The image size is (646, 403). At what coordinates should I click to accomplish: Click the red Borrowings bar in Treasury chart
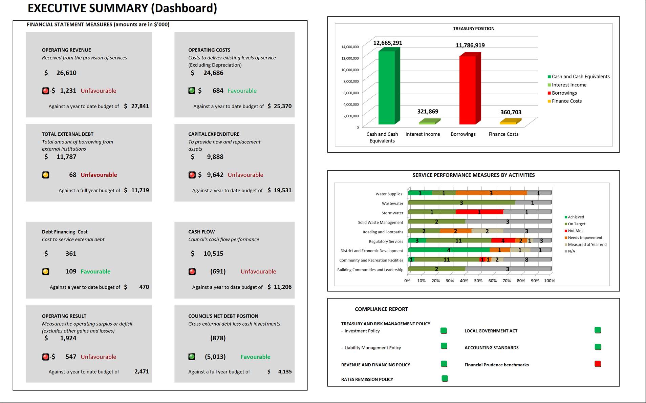(x=468, y=90)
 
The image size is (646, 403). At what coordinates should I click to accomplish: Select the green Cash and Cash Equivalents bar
(x=387, y=88)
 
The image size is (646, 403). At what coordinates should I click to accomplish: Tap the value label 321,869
(x=428, y=112)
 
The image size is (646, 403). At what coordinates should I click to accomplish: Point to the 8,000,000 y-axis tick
(x=351, y=81)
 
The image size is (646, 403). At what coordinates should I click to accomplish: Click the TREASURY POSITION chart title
(x=473, y=29)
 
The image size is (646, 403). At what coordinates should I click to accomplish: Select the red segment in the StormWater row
(x=479, y=212)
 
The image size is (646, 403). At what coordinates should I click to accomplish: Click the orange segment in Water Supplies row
(x=491, y=193)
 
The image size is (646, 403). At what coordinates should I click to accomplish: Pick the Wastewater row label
(x=392, y=204)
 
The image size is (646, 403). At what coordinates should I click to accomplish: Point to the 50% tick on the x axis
(x=478, y=281)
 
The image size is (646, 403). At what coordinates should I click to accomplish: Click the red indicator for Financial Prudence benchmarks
(x=598, y=364)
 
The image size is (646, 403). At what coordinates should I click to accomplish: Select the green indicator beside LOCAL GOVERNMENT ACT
(x=598, y=330)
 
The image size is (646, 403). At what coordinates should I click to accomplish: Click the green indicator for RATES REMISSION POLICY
(x=445, y=379)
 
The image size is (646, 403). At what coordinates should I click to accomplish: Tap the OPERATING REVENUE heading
(x=66, y=50)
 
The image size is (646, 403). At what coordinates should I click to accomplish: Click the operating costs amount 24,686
(x=213, y=73)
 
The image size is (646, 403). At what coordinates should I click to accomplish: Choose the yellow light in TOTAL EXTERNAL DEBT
(x=46, y=175)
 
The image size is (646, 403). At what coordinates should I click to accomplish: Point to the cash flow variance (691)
(x=218, y=271)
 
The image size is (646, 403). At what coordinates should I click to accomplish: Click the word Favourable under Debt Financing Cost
(x=95, y=271)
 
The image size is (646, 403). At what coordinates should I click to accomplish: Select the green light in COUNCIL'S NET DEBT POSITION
(x=192, y=357)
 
